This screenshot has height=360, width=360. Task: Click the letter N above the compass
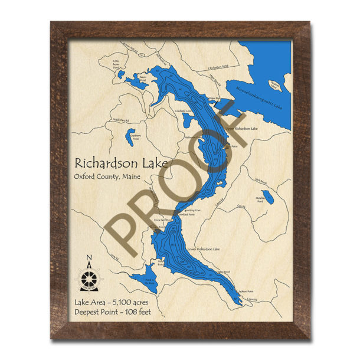89,257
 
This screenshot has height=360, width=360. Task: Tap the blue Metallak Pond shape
268,197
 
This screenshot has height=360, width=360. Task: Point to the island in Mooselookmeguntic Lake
274,86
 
